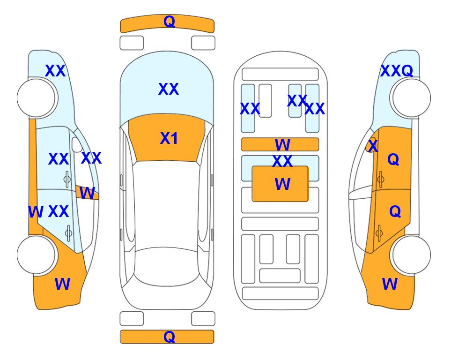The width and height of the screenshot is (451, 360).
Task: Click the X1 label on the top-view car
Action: [169, 138]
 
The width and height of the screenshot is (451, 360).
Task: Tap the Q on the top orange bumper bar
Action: [170, 21]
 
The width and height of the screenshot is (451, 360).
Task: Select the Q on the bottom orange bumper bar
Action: [170, 337]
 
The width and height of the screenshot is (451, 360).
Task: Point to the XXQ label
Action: [397, 71]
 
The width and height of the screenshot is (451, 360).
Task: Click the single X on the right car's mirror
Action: [373, 146]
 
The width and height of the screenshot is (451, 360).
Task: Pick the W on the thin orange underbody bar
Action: [282, 144]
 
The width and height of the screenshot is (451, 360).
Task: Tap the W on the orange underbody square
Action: [282, 184]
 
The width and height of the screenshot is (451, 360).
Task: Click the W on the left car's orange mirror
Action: [87, 193]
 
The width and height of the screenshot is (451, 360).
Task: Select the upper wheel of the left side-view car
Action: [37, 98]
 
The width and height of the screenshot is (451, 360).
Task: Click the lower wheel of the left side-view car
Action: [37, 255]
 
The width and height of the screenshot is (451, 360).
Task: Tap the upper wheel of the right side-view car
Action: [411, 98]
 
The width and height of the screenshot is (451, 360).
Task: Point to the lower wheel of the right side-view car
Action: [411, 255]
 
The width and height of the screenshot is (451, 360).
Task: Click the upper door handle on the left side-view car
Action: [67, 180]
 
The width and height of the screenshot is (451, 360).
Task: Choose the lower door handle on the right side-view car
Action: [379, 233]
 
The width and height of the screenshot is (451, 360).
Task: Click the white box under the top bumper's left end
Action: [132, 43]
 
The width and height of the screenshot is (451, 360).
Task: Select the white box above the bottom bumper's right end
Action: [203, 319]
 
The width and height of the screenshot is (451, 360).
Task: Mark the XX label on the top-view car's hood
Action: [169, 89]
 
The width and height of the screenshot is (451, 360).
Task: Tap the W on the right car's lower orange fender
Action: [390, 284]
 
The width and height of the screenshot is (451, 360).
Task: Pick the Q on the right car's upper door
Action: [393, 159]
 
